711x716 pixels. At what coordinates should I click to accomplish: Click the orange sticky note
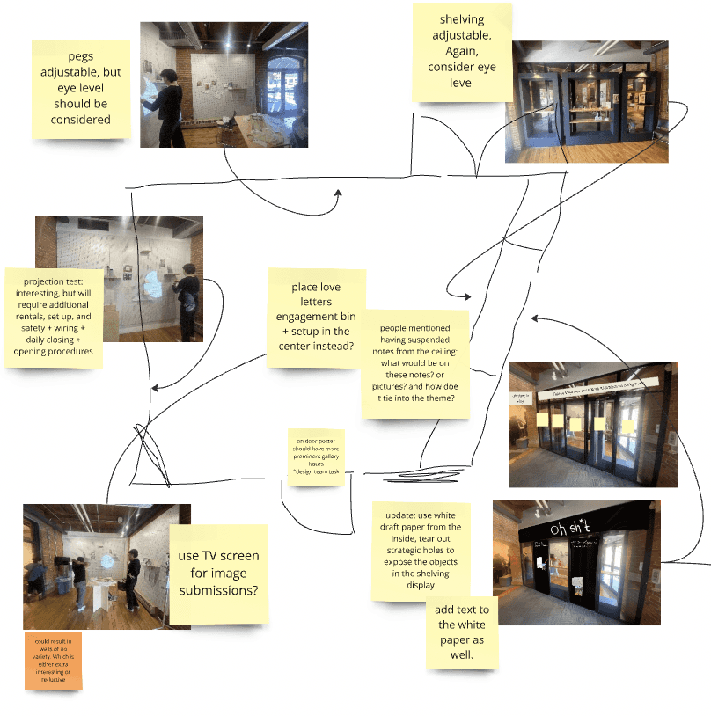pyautogui.click(x=53, y=661)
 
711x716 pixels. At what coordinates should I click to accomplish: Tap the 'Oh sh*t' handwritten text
pyautogui.click(x=571, y=529)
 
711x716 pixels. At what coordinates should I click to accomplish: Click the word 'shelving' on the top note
pyautogui.click(x=462, y=18)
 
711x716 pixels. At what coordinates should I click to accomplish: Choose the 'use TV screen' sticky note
pyautogui.click(x=218, y=574)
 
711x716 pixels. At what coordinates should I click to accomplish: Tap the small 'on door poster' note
pyautogui.click(x=315, y=457)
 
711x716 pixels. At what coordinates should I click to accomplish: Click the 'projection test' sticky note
pyautogui.click(x=54, y=318)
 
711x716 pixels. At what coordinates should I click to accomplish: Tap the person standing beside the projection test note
pyautogui.click(x=187, y=299)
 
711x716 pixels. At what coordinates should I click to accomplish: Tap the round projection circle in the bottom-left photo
pyautogui.click(x=107, y=560)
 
